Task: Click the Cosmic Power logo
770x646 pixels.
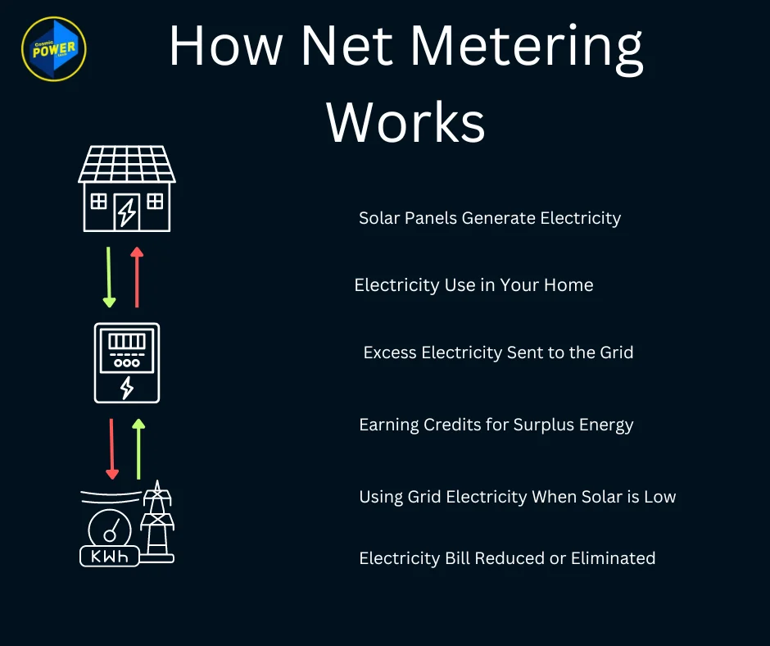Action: click(53, 48)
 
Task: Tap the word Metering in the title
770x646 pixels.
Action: click(527, 47)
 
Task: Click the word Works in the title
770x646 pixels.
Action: click(405, 123)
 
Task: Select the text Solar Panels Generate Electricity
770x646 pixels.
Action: click(490, 218)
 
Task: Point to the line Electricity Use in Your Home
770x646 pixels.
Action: click(473, 285)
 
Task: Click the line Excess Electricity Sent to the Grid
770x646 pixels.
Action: click(498, 353)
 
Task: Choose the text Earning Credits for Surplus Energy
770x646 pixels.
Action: click(496, 425)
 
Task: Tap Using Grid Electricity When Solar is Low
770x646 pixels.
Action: click(517, 497)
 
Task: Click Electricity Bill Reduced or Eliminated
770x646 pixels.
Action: click(507, 558)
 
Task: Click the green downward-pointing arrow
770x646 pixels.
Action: click(109, 278)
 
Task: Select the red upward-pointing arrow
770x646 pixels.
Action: click(137, 277)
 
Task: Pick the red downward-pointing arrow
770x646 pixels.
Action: click(112, 449)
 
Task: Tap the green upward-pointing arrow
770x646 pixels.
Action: click(138, 448)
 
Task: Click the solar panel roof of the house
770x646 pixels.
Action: click(127, 164)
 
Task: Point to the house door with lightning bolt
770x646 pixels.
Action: click(127, 211)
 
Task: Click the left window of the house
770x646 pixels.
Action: click(98, 201)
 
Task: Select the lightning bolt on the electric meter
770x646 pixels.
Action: click(127, 387)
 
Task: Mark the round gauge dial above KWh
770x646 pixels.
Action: click(110, 529)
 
